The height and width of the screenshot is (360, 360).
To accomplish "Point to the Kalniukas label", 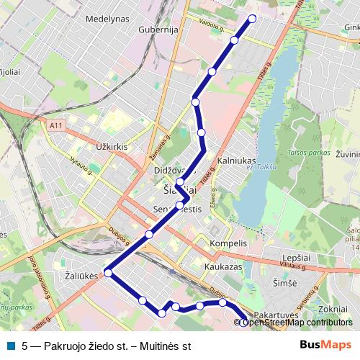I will click(237, 160).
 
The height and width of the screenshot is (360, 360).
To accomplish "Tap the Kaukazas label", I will click(222, 266).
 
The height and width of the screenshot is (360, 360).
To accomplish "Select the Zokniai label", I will click(333, 308).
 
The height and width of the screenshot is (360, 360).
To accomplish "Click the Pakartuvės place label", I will click(276, 315).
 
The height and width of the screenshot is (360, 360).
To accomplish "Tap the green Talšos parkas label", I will click(310, 153).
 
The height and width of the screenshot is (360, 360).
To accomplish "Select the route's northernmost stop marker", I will click(252, 19).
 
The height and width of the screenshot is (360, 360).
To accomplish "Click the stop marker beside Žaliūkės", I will click(108, 273).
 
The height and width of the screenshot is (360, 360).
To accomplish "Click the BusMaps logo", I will click(326, 346).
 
